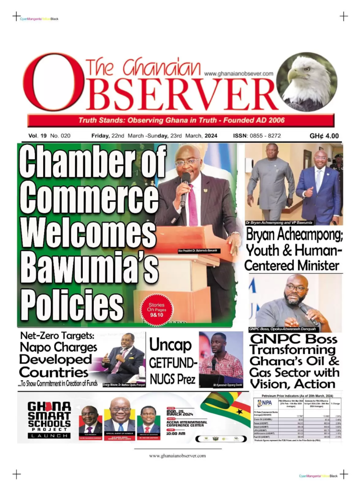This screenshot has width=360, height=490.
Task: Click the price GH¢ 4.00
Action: (324, 136)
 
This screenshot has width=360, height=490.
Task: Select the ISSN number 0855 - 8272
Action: (257, 136)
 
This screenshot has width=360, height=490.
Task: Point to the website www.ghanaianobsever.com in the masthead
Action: (238, 74)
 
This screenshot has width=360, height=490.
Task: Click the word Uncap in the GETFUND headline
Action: (170, 345)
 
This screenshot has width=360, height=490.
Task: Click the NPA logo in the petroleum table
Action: (264, 403)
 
